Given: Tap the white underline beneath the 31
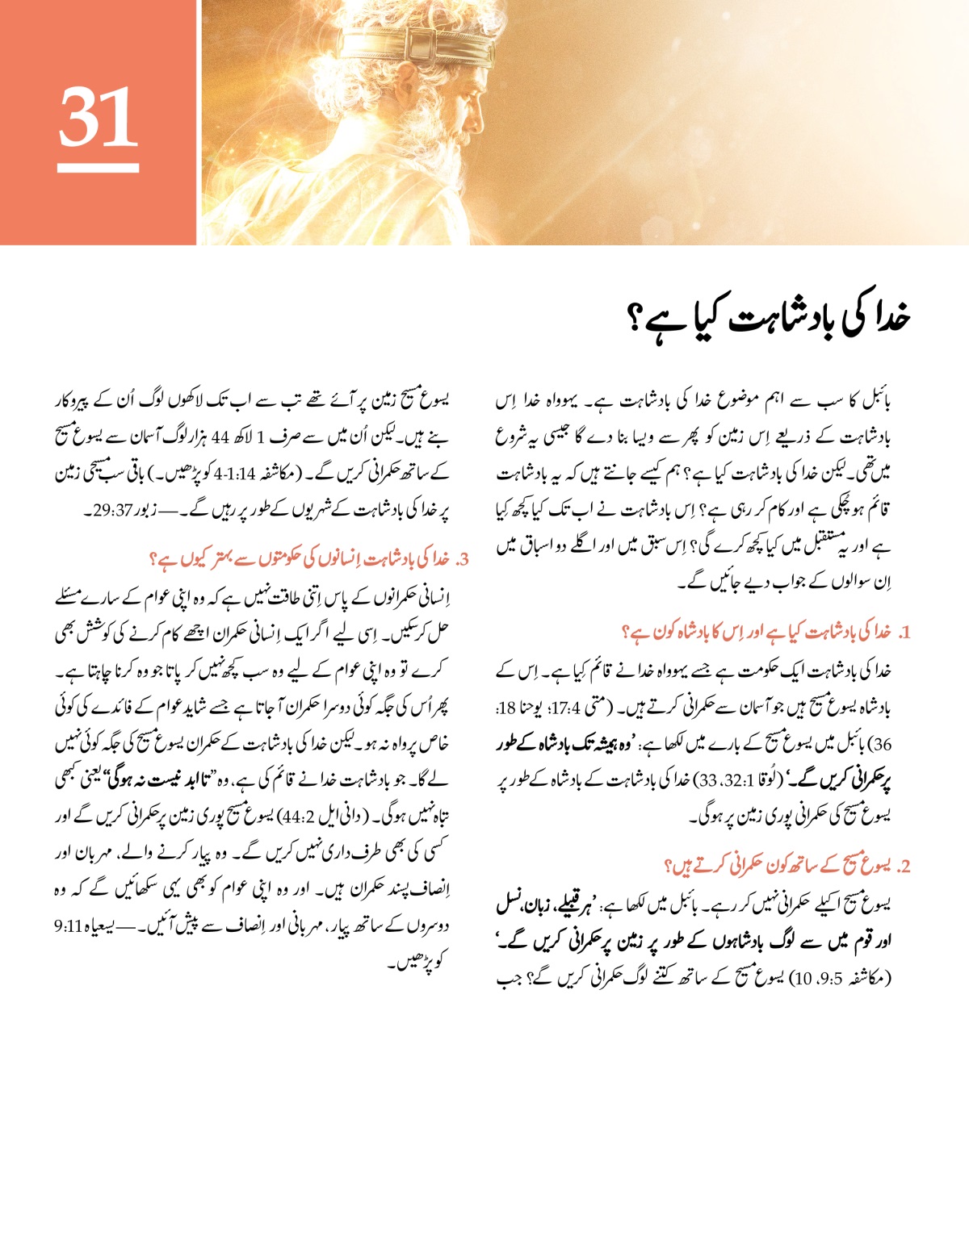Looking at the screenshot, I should click(x=98, y=168).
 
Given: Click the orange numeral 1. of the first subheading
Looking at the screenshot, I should click(x=904, y=633).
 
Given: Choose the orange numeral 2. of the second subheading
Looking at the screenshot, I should click(x=904, y=867).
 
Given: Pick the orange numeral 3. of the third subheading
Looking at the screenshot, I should click(x=463, y=559).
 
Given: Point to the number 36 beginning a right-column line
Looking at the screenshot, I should click(x=882, y=745).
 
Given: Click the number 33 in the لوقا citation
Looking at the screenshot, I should click(x=707, y=782).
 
